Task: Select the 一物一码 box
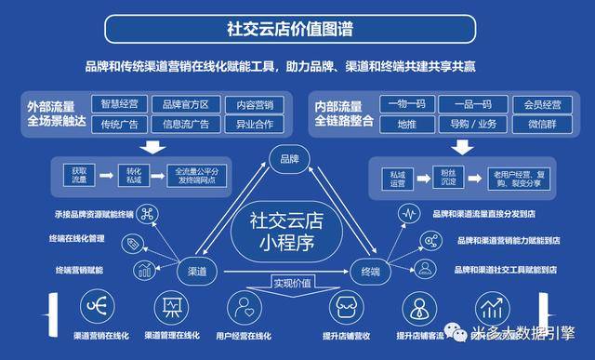pos(405,104)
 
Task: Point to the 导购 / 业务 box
pos(472,124)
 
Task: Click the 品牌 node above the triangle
pos(289,159)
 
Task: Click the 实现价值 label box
pos(289,283)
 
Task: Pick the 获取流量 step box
pos(77,174)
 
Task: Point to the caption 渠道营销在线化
pos(100,336)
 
